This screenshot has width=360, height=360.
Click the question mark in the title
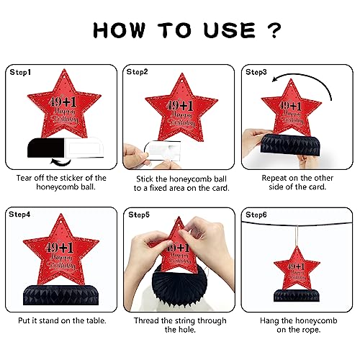274,30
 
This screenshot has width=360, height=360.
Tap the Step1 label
20,72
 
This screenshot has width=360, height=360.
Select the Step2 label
137,72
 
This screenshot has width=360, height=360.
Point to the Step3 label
256,72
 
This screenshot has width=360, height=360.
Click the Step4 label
19,215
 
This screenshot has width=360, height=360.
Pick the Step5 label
139,215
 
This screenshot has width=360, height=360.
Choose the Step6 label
256,215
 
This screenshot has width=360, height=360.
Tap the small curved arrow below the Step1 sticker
60,162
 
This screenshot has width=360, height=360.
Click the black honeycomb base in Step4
60,295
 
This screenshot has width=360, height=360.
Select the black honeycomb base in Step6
297,295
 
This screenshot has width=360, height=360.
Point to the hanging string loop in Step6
297,236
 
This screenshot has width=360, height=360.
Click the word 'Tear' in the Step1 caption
24,178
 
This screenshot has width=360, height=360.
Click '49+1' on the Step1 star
63,102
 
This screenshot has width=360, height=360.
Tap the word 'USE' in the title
230,30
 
